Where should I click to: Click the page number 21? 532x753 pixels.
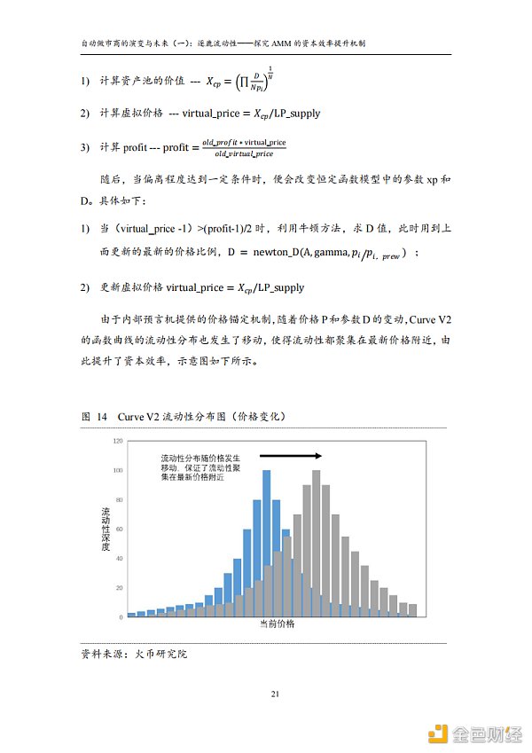[274, 694]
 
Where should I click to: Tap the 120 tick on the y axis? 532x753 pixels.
[117, 441]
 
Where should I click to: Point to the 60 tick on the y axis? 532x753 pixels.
[119, 529]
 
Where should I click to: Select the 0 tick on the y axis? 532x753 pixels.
[121, 617]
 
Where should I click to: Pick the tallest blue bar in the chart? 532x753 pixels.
[267, 543]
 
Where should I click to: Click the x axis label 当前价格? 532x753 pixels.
[277, 625]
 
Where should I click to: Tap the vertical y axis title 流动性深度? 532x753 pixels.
[106, 529]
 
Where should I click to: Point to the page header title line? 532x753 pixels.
[266, 42]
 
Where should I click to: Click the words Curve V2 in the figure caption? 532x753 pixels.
[137, 415]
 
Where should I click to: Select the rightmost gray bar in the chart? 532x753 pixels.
[412, 610]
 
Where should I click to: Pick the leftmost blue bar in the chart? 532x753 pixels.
[131, 615]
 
